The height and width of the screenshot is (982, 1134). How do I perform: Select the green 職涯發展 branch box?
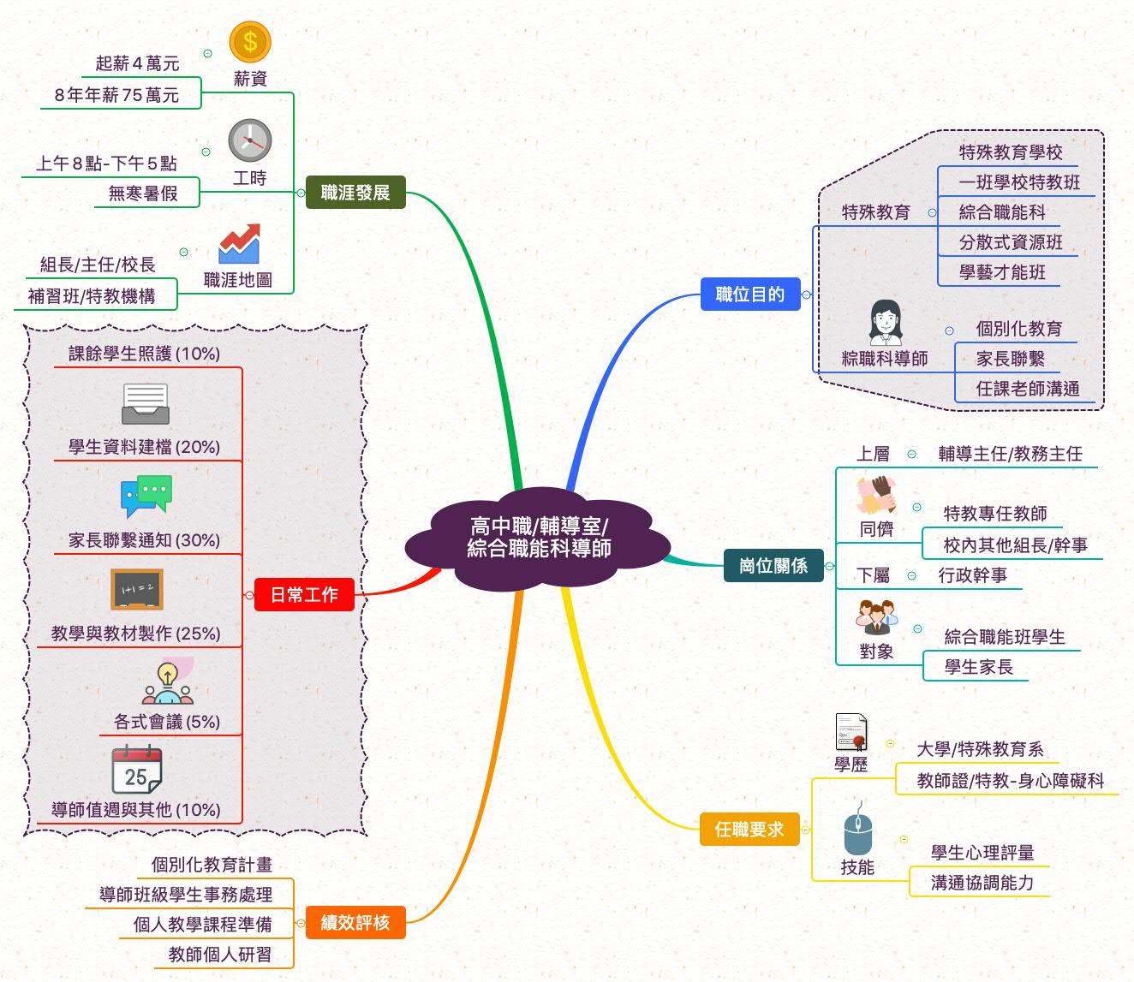point(355,193)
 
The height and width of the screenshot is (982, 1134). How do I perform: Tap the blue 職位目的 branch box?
point(749,295)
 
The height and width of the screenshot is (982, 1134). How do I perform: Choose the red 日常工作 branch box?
point(304,595)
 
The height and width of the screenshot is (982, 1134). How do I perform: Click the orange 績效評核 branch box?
point(355,923)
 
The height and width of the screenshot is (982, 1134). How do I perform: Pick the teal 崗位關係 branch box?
point(773,566)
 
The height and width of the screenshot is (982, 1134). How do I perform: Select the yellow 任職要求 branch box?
point(749,829)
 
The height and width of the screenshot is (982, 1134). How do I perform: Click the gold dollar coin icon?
point(250,42)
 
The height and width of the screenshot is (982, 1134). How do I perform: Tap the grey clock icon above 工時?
point(250,140)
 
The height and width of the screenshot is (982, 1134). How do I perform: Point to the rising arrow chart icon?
point(239,244)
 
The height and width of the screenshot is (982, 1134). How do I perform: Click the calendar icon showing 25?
point(137,771)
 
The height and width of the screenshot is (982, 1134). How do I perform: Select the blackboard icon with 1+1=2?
point(137,590)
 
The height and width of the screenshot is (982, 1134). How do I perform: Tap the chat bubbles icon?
point(146,496)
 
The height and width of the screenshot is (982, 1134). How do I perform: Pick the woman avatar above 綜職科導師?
point(885,323)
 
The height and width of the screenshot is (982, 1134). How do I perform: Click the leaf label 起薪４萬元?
point(137,63)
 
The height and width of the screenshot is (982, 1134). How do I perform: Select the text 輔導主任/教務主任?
point(1010,454)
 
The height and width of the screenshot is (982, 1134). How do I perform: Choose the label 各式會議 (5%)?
point(167,722)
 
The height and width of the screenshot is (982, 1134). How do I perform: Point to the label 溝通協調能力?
point(982,883)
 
